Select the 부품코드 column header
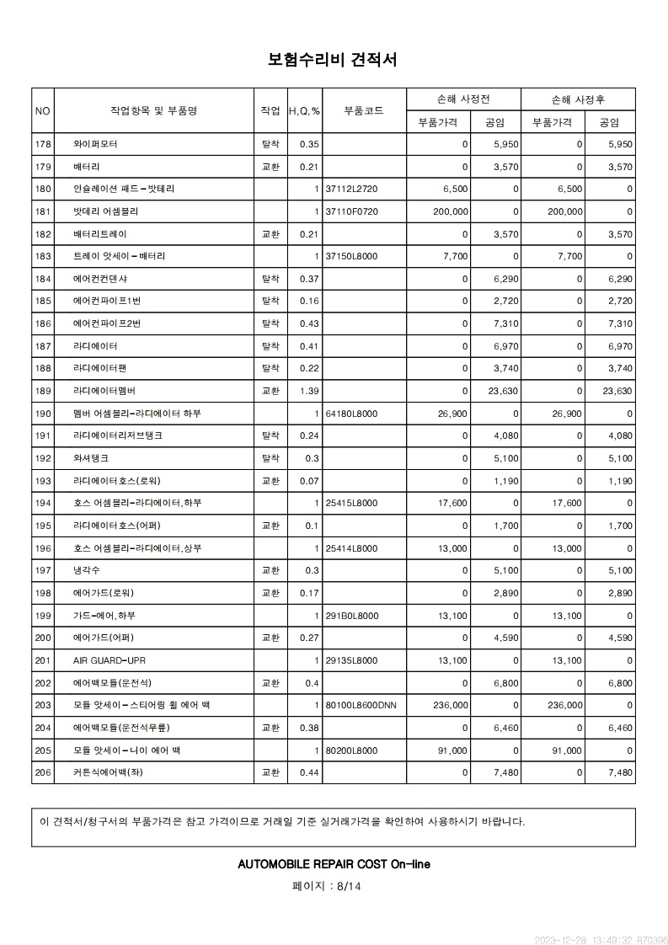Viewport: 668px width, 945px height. pos(364,110)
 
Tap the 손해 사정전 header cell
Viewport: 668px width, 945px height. pos(463,99)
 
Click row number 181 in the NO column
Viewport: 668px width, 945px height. pos(43,211)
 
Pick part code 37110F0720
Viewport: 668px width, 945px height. pos(352,211)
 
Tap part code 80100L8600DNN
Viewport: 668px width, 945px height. pos(360,705)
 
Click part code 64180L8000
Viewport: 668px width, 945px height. pos(351,414)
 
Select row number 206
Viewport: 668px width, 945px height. pos(43,772)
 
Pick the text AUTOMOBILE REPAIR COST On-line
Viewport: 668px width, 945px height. pos(334,864)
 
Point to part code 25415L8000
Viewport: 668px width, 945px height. pos(351,503)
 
